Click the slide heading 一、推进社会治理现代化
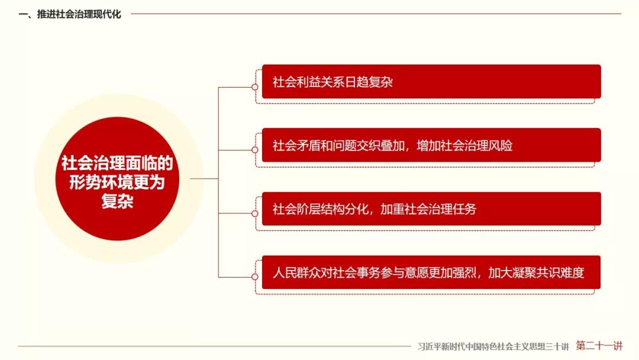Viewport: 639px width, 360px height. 70,14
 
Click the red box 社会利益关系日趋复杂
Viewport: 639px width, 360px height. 431,82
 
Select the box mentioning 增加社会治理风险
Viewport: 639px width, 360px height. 431,145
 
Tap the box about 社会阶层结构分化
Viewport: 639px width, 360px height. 431,209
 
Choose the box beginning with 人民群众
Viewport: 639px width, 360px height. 431,272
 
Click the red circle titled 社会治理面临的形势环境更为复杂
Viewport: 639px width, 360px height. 117,179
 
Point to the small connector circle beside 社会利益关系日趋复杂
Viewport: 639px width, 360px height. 254,87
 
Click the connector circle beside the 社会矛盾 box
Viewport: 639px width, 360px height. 254,150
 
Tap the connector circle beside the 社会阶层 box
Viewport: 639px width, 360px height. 254,213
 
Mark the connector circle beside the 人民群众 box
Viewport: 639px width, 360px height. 254,277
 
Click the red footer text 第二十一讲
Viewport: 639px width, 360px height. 599,346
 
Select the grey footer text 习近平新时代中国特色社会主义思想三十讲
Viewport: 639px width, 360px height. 493,346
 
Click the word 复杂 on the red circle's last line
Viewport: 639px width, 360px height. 117,201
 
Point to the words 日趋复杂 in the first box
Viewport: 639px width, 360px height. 369,82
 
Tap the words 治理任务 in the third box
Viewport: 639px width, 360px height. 453,209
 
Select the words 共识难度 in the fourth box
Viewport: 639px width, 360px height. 560,272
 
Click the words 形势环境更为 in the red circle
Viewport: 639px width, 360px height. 117,182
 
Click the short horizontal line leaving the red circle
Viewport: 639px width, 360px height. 204,179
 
